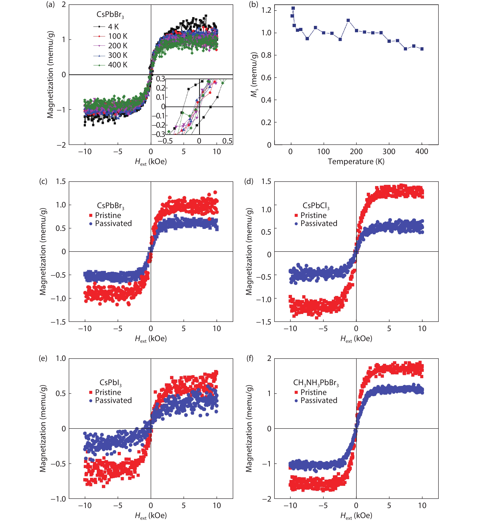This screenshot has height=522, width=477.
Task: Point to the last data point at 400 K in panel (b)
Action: coord(422,49)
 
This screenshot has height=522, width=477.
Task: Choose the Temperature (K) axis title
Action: coord(356,162)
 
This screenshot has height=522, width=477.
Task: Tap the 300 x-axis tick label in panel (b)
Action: coord(389,152)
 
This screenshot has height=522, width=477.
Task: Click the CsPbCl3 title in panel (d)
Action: coord(316,206)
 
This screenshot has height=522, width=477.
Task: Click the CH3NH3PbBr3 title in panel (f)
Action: coord(316,383)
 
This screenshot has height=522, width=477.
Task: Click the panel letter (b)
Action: coord(253,5)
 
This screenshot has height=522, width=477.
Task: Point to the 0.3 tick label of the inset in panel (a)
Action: coord(160,79)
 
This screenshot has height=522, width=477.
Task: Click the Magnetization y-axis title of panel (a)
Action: coord(50,75)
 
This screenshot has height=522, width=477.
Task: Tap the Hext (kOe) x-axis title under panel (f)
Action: coord(356,515)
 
